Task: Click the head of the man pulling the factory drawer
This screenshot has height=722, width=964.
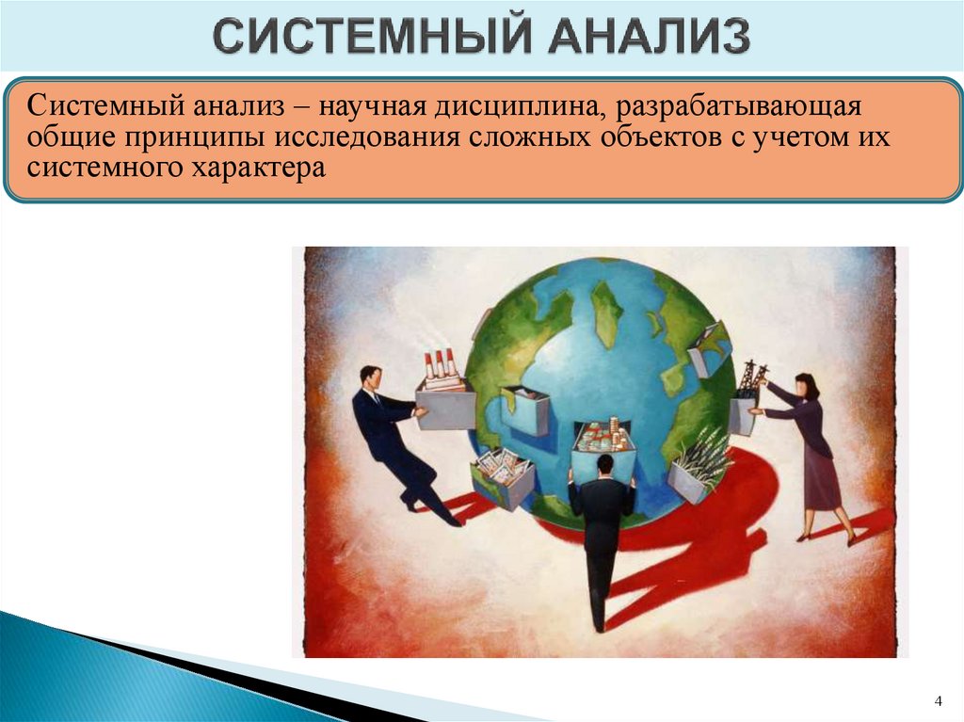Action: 371,377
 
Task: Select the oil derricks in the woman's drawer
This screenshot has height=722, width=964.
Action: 750,377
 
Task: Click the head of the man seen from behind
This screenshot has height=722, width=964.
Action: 604,463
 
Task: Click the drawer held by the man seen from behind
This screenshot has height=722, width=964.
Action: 603,442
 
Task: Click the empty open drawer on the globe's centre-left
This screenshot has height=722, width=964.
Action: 526,409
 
